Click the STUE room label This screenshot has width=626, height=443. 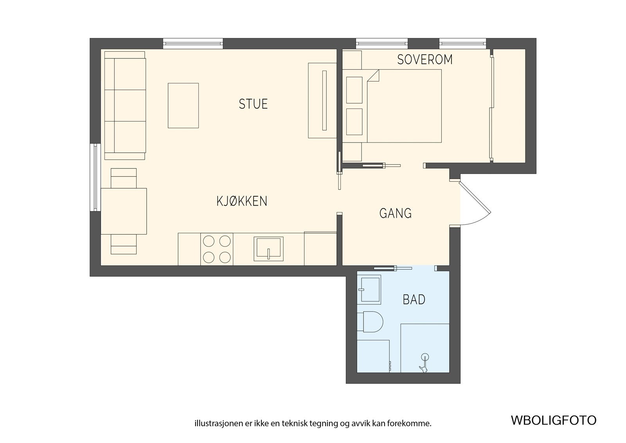253,104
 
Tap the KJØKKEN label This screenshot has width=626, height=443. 242,201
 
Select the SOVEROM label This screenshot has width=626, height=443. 425,59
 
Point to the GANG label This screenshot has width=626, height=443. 396,213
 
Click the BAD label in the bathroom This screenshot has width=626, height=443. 414,299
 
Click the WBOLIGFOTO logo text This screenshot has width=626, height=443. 554,420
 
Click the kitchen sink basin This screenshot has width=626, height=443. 268,249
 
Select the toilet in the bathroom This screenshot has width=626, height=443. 370,322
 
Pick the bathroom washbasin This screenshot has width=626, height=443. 369,289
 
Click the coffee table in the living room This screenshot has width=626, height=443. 183,105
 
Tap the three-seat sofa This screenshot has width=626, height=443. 125,105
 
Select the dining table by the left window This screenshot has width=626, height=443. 124,211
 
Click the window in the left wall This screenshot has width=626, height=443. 95,177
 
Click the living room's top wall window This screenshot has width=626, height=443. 193,43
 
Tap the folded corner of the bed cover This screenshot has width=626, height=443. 373,76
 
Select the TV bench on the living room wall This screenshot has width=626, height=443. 322,100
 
